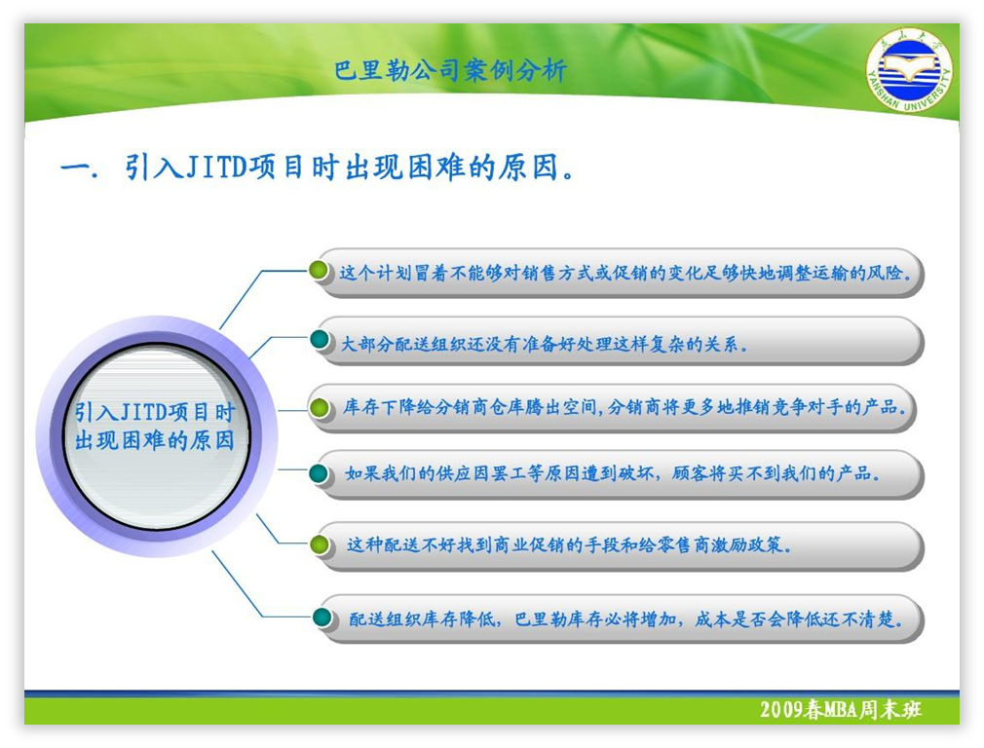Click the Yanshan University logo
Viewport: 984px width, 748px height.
909,71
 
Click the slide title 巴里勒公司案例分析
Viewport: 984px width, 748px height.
450,70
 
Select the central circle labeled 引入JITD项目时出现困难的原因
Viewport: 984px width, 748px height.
157,436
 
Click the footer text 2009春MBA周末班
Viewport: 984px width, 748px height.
840,709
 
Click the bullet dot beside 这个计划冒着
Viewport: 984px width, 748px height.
319,271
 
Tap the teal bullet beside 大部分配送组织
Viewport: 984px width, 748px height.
320,340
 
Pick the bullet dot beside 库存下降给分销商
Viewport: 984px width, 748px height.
320,408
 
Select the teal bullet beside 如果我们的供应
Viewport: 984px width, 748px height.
320,473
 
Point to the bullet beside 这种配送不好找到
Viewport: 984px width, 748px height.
320,544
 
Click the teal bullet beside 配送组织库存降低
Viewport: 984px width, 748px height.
322,617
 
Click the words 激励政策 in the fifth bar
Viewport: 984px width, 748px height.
747,544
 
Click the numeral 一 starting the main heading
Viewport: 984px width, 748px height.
75,168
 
